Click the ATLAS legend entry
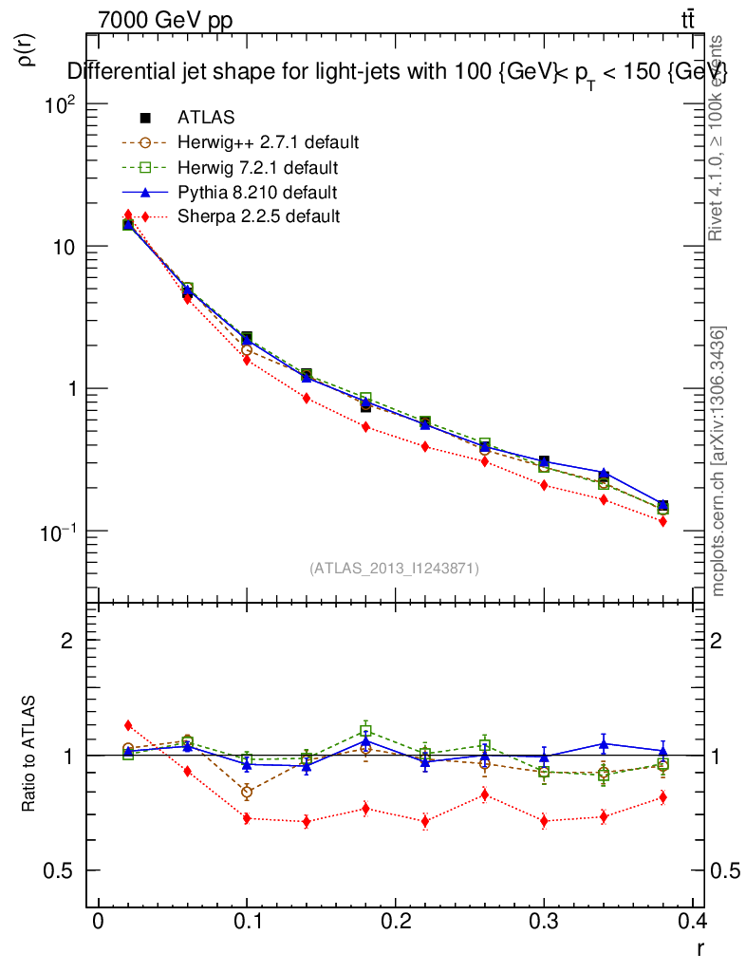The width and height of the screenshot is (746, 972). point(206,118)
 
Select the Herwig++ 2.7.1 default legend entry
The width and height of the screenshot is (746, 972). point(268,143)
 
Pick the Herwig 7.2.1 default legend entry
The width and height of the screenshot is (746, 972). point(257,168)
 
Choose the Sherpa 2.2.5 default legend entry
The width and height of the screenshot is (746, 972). point(258,216)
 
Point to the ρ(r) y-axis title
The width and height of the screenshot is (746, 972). point(27,50)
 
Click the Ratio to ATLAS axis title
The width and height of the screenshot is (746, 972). point(29,755)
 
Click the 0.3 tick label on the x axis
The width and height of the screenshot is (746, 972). point(544,922)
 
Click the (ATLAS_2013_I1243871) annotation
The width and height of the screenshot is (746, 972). point(394,568)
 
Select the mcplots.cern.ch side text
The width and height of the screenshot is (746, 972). point(718,461)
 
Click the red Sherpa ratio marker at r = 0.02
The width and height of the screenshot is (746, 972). point(128,725)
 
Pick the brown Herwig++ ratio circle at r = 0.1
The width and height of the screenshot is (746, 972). point(247,792)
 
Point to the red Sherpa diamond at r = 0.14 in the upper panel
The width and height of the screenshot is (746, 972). point(306,399)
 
